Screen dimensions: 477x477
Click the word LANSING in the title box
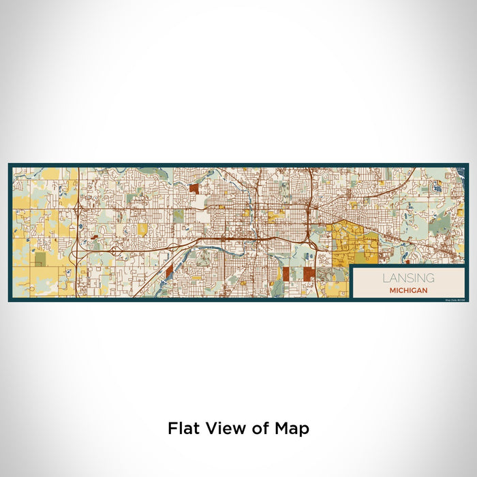pos(409,278)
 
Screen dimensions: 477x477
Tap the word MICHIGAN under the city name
pos(409,290)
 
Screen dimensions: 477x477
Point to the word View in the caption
pos(222,429)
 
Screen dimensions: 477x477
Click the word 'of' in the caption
pos(253,429)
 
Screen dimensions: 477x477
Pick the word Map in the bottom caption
pos(290,429)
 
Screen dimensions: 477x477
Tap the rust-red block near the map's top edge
pos(194,189)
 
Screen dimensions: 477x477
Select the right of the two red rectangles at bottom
pos(308,274)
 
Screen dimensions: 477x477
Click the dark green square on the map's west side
pos(40,259)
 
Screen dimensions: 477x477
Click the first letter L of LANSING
pos(385,278)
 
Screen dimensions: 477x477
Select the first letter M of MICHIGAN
pos(392,290)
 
